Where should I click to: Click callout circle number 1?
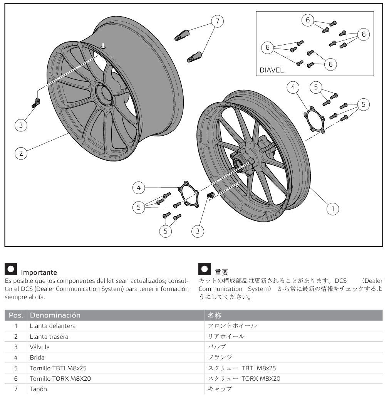point(333,208)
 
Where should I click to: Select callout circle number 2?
point(21,153)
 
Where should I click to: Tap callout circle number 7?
point(218,21)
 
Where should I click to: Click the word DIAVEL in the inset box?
point(272,71)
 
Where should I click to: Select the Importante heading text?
point(39,273)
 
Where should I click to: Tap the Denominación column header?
point(55,315)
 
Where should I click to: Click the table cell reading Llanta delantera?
point(53,326)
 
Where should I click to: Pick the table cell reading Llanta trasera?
point(49,336)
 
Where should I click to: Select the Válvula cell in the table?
point(40,347)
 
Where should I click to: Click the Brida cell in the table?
point(37,358)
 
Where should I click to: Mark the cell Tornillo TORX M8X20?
point(60,379)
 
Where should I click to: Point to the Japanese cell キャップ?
point(220,389)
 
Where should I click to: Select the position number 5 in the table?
point(16,368)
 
